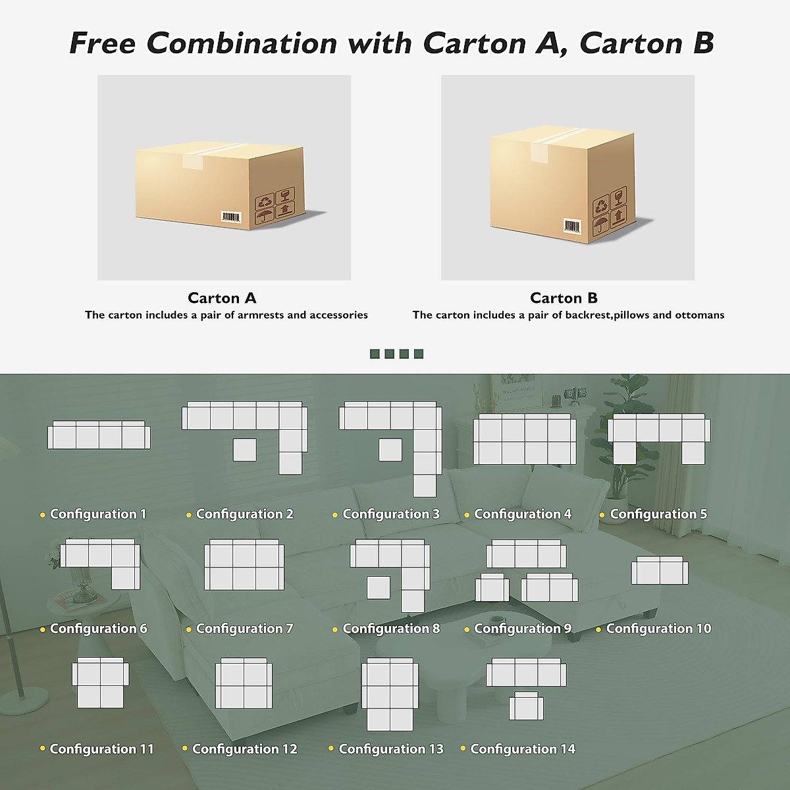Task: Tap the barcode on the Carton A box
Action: click(x=232, y=217)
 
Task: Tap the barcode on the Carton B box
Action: click(x=572, y=226)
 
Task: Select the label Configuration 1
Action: click(x=98, y=514)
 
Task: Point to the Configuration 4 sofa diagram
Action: click(x=525, y=440)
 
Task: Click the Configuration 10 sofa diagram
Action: click(x=660, y=571)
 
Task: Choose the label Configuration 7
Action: click(x=244, y=629)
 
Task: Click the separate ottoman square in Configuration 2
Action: click(x=245, y=450)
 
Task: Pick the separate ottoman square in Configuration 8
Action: click(x=378, y=587)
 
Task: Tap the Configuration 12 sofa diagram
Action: click(x=244, y=683)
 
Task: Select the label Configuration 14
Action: click(x=523, y=749)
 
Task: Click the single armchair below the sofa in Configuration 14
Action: click(x=526, y=707)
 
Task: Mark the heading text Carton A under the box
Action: click(x=222, y=298)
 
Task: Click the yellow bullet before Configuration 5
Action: click(x=602, y=515)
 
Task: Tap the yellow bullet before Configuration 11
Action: click(x=43, y=749)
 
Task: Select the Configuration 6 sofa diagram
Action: click(x=100, y=563)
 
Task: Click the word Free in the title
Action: click(x=102, y=43)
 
